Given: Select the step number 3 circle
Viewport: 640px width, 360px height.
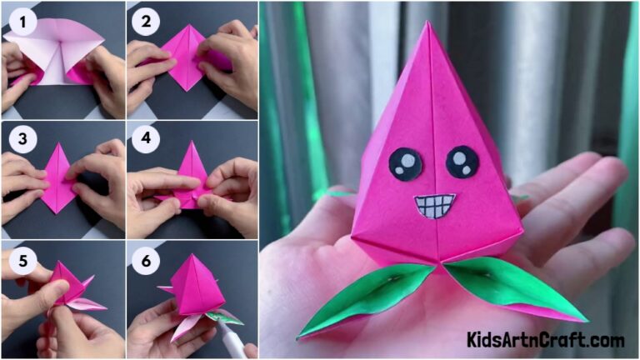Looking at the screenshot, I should [x=20, y=139].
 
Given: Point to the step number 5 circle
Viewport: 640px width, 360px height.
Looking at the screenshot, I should [x=20, y=260].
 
